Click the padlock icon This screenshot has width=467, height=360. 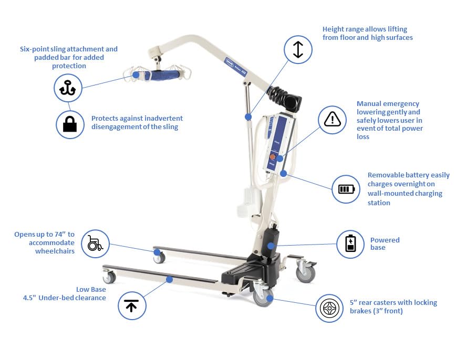click(70, 124)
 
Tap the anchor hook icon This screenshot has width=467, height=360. click(68, 88)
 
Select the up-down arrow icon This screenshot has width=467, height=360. click(298, 49)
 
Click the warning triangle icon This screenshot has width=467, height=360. click(332, 119)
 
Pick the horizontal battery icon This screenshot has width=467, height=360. click(346, 189)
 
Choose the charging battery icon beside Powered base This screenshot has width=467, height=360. click(350, 243)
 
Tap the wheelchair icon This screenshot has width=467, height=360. click(95, 243)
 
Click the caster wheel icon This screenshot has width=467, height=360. click(329, 308)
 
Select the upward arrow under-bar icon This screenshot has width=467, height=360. click(131, 305)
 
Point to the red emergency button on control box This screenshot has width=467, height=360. click(272, 156)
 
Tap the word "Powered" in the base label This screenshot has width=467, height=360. click(385, 240)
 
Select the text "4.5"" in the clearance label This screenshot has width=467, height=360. click(30, 298)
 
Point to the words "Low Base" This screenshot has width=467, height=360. click(91, 290)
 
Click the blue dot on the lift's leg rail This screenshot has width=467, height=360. click(170, 279)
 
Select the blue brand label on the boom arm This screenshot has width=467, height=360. click(235, 67)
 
